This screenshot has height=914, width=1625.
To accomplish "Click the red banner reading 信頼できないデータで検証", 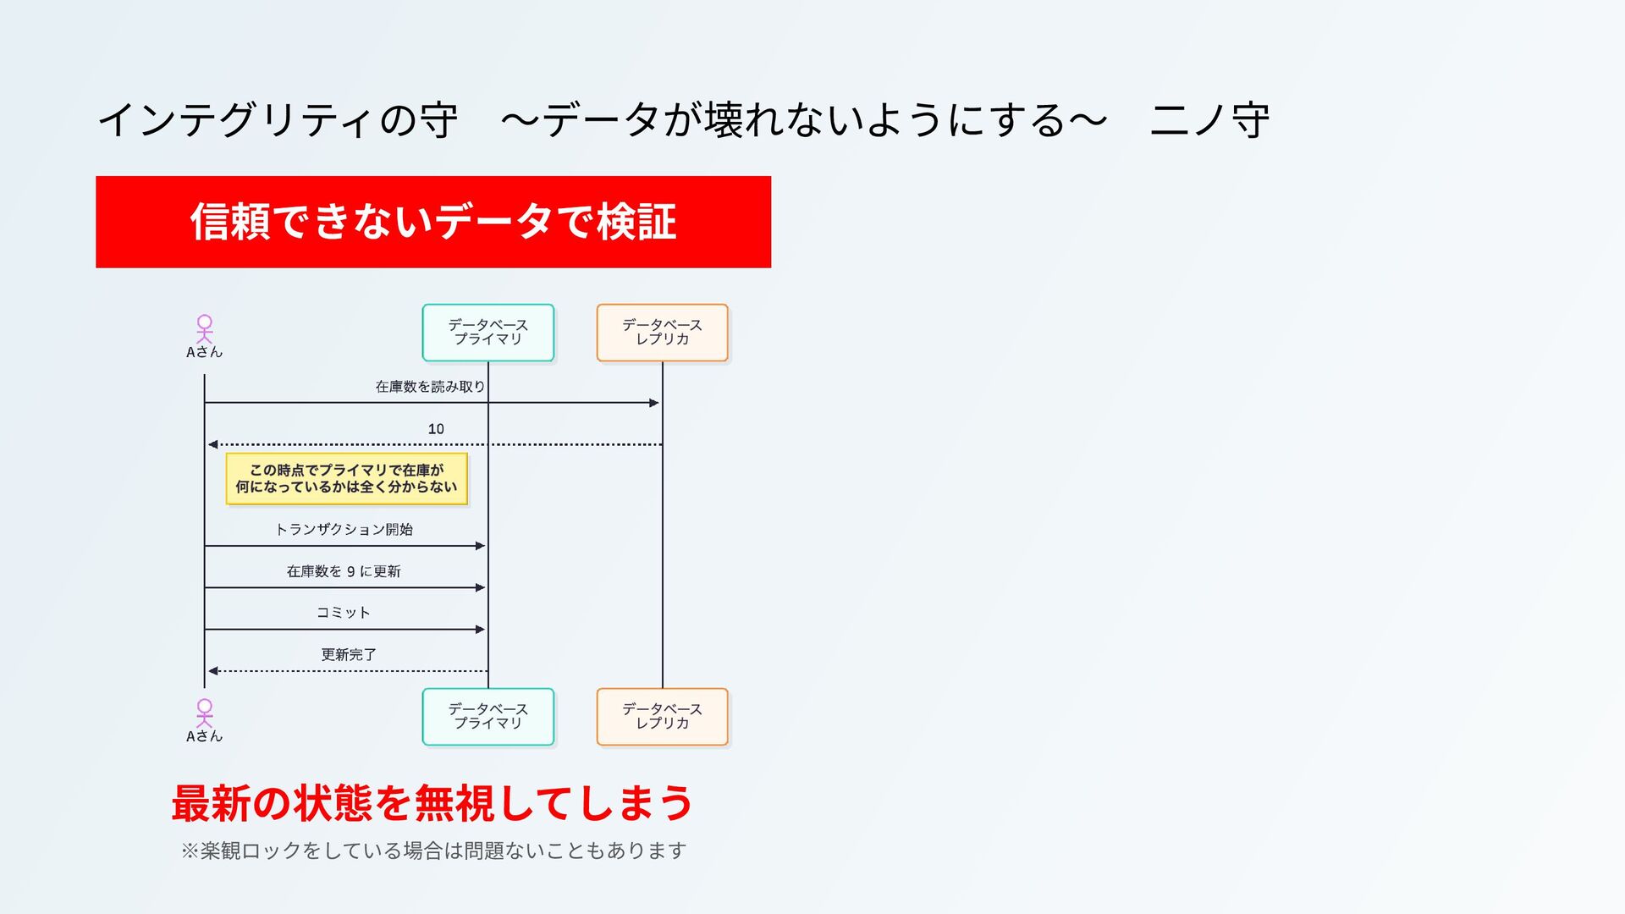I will click(432, 222).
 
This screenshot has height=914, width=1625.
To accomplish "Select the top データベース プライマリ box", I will click(488, 332).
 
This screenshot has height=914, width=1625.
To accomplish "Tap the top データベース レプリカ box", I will click(662, 332).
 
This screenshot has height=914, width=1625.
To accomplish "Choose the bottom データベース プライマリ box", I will click(488, 716).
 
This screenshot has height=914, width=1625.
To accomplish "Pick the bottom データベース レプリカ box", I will click(662, 716).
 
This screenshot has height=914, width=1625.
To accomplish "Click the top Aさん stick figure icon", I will click(205, 328).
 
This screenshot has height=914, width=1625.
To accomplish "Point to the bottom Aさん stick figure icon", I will click(205, 713).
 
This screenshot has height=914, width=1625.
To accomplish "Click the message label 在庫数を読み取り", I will click(430, 387).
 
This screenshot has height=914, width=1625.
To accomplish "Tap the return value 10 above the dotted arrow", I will click(436, 429).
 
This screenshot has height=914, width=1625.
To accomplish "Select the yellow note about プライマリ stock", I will click(346, 479).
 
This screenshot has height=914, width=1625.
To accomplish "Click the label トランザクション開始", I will click(344, 530).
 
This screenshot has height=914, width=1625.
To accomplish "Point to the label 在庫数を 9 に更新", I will click(344, 571).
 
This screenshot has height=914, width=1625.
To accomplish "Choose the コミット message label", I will click(344, 613).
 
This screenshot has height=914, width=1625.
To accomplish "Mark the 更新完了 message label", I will click(348, 654).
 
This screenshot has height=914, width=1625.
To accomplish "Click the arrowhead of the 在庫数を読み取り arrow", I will click(653, 403).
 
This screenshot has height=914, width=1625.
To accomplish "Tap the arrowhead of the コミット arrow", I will click(480, 630).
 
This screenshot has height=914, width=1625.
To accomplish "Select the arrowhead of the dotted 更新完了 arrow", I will click(213, 671).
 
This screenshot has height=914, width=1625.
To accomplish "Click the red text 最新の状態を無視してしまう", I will click(432, 802).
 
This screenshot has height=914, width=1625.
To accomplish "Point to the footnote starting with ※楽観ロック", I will click(432, 850).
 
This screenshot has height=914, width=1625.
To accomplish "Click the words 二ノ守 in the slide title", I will click(1209, 120).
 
